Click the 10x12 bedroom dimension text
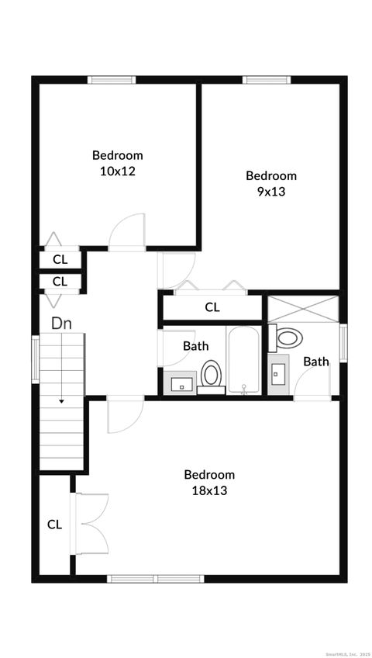(x=118, y=171)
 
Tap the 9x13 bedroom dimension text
(x=270, y=191)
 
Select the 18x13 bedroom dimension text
(x=208, y=490)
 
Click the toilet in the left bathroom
(x=210, y=375)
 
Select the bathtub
(x=246, y=360)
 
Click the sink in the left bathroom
(x=180, y=383)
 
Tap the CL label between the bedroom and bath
(x=212, y=307)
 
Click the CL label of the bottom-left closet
(x=54, y=525)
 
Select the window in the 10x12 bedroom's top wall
(x=112, y=79)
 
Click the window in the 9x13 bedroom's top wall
(x=267, y=79)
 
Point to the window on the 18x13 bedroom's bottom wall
(x=155, y=578)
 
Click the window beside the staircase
(x=35, y=358)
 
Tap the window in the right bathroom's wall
(x=343, y=342)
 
